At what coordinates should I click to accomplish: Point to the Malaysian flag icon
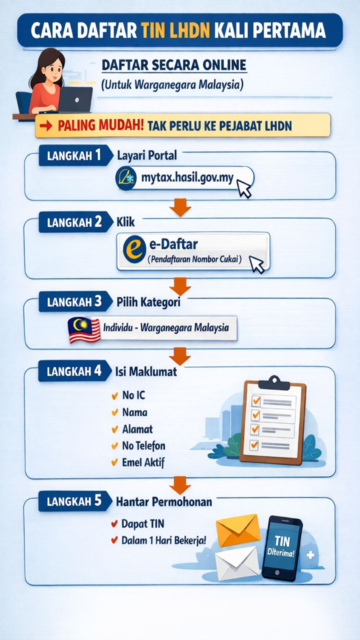click(84, 329)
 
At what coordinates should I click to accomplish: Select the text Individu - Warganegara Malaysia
click(165, 328)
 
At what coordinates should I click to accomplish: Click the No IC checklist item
click(133, 396)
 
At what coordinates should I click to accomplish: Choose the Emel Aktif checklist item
click(143, 462)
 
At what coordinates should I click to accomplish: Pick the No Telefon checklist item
click(143, 445)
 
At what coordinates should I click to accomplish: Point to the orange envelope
click(238, 530)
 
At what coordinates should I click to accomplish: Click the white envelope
click(237, 563)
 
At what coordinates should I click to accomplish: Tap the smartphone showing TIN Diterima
click(282, 548)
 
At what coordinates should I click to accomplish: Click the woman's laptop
click(75, 100)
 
